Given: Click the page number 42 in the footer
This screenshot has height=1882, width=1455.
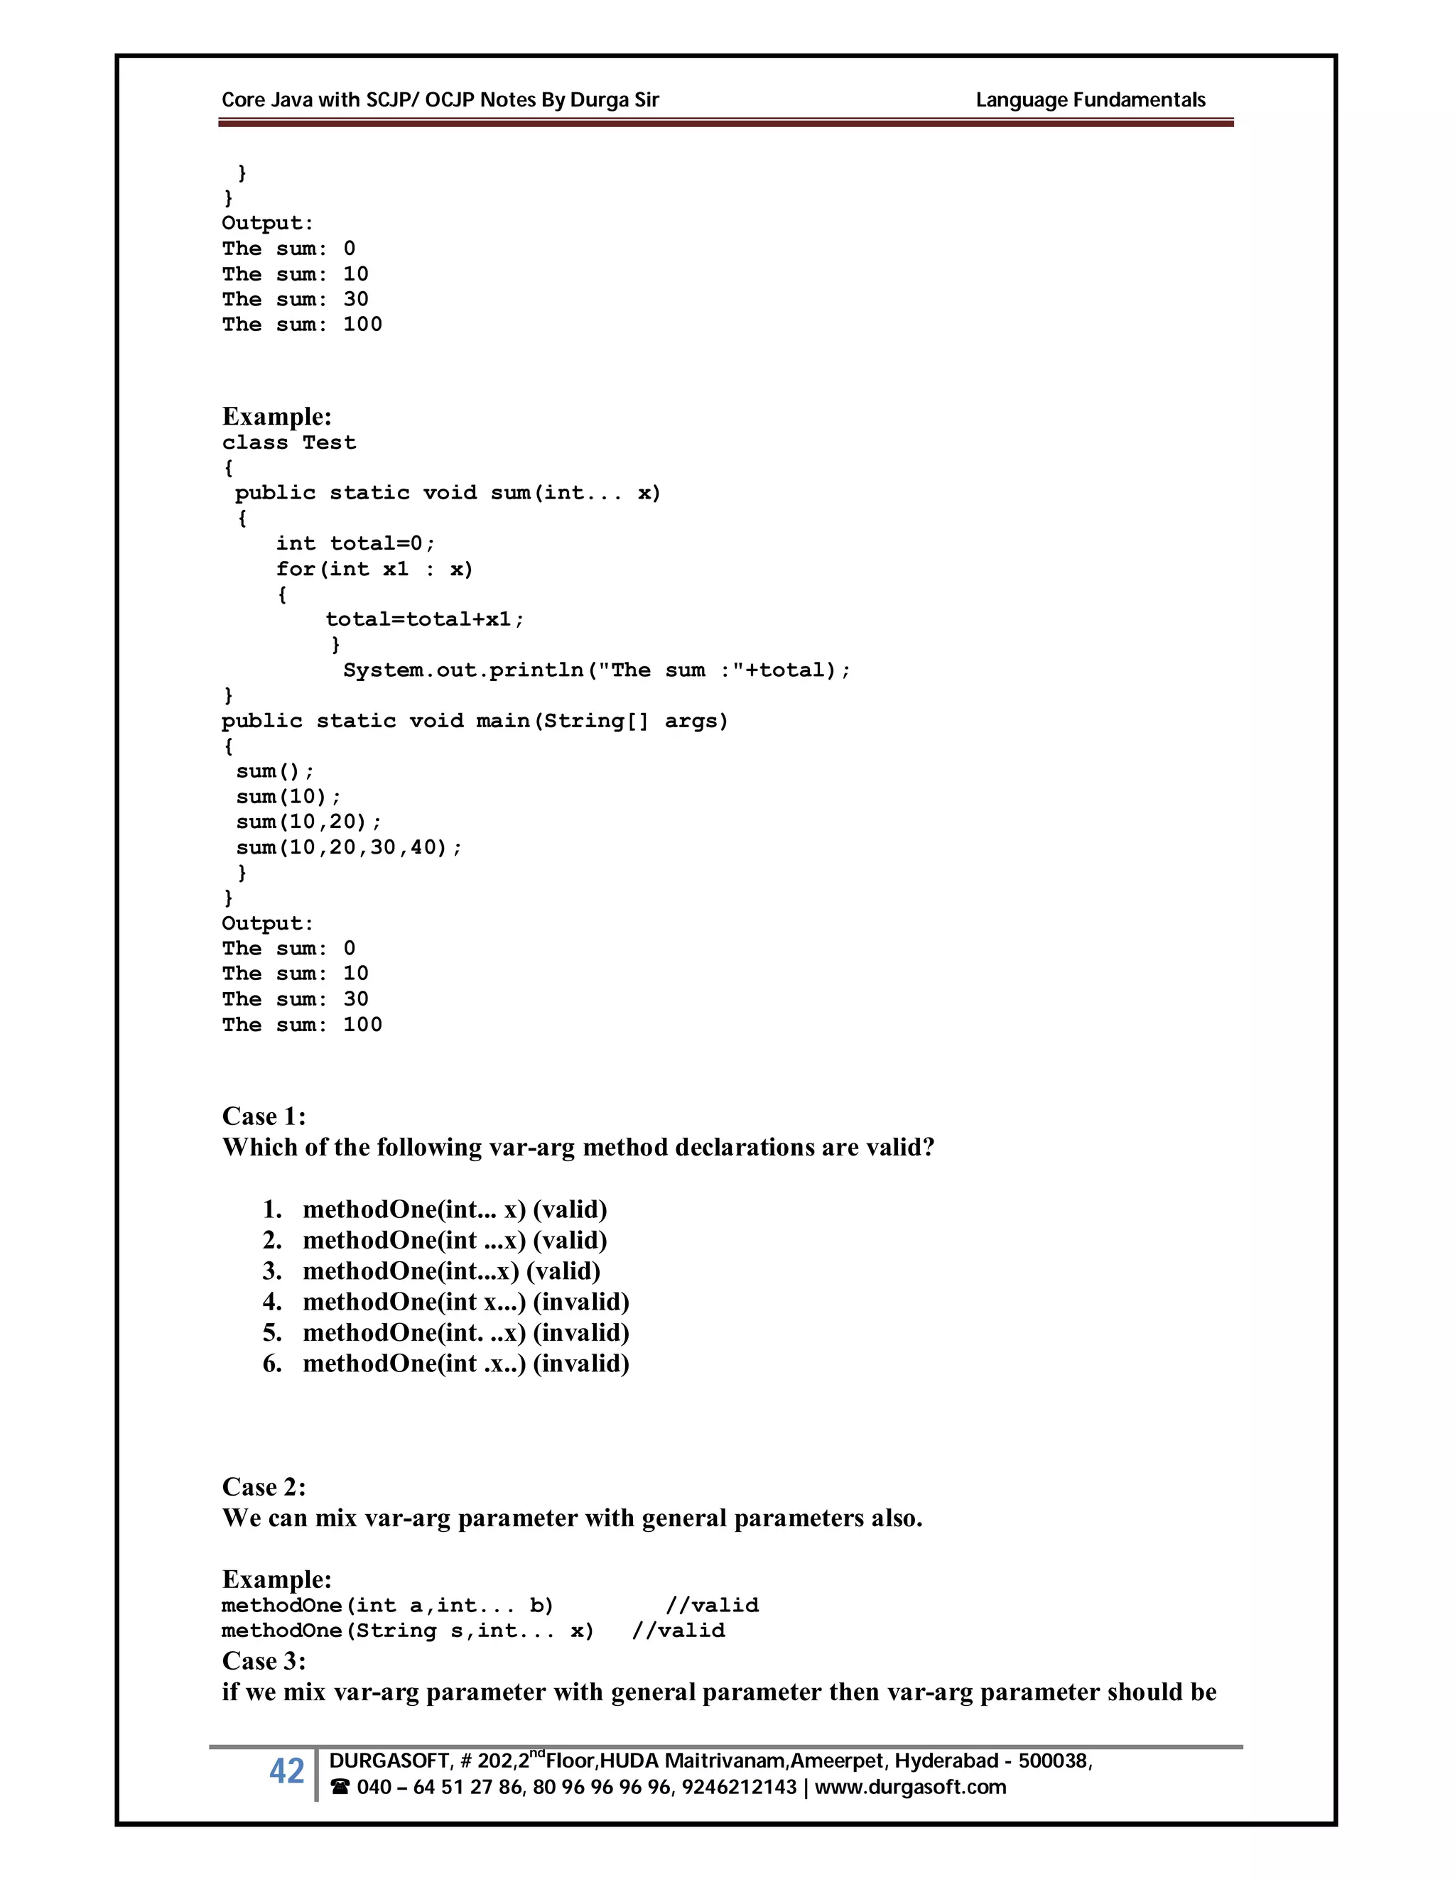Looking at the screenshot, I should pos(286,1771).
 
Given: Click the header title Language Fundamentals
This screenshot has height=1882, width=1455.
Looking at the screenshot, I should pos(1090,100).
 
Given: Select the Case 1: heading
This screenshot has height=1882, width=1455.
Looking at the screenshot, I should pos(264,1116).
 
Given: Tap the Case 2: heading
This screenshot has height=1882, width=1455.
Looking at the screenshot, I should pos(264,1486).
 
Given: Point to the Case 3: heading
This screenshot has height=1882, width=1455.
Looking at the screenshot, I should pos(264,1660).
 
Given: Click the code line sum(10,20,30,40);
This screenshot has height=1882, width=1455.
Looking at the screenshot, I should pos(348,847).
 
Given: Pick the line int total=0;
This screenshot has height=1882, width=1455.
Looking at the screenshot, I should pos(355,543).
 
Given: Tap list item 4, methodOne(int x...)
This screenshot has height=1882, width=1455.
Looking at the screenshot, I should pos(465,1301).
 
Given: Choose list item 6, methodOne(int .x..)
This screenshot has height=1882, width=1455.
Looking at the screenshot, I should pos(465,1364).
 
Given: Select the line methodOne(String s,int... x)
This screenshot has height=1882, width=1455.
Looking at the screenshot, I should pos(408,1631).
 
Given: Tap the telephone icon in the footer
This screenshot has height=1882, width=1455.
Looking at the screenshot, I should pos(340,1788).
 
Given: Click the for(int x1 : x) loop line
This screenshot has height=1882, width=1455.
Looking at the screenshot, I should pos(374,569).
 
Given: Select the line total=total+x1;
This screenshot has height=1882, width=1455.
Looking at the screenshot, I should pos(424,619).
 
